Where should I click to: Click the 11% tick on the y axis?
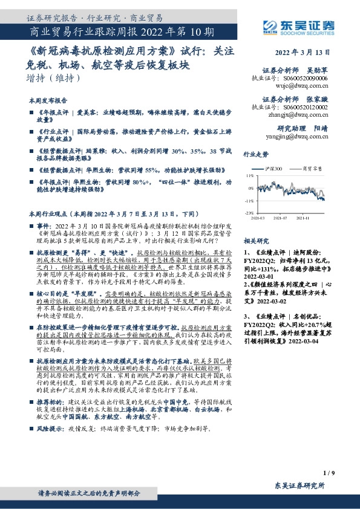249,176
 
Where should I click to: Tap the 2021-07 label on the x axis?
280,218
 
